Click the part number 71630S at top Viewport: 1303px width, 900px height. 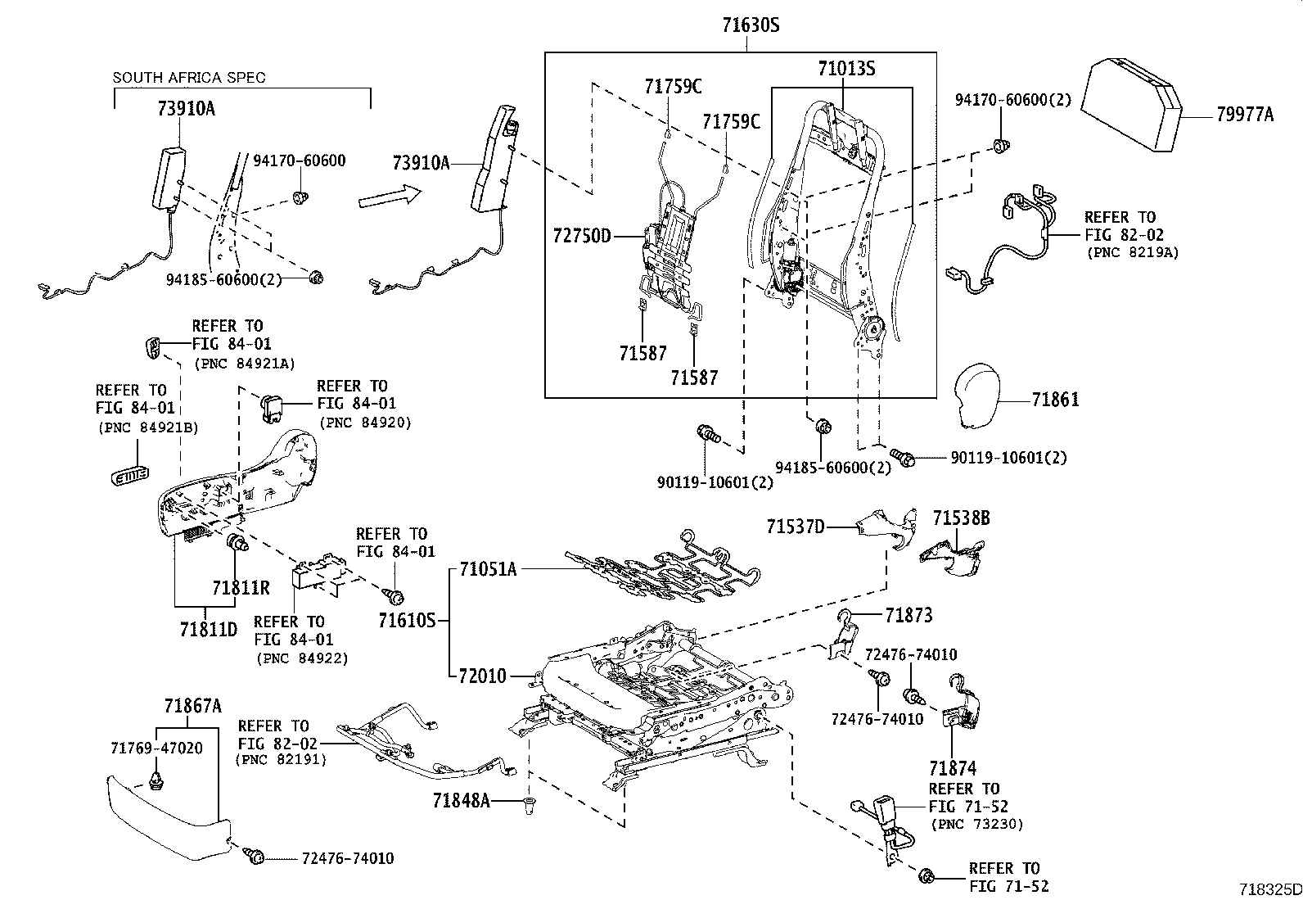click(750, 25)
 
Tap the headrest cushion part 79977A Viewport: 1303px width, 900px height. click(1133, 102)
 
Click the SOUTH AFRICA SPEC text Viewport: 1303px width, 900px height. click(189, 78)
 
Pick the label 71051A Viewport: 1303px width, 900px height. click(488, 568)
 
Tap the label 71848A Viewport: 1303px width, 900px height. click(462, 800)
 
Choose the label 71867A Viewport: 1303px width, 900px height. click(192, 705)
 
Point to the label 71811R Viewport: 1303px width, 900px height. click(241, 588)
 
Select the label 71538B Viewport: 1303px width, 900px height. click(961, 518)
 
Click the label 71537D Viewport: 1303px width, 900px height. click(796, 526)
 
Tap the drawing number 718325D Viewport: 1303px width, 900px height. click(1269, 889)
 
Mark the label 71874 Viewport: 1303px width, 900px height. click(953, 768)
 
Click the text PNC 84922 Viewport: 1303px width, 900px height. click(302, 658)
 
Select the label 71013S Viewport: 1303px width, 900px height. click(845, 69)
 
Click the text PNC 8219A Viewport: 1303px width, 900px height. click(1132, 252)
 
